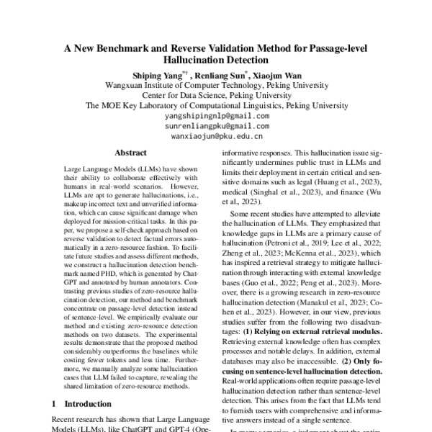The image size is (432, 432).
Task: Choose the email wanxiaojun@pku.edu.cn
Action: coord(217,135)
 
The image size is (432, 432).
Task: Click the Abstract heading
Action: coord(130,153)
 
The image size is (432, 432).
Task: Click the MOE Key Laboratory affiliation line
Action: coord(217,105)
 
